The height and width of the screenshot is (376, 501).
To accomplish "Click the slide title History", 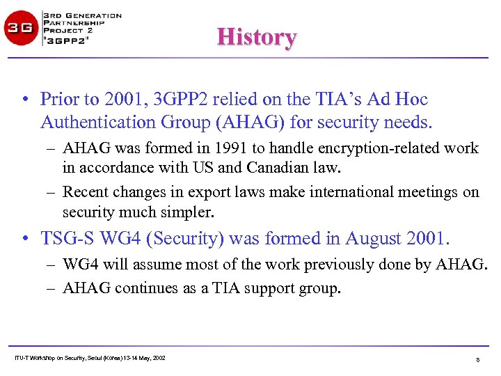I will click(x=257, y=37).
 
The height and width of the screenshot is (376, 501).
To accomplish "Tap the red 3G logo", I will click(x=22, y=29).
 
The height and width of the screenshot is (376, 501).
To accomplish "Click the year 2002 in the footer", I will click(x=158, y=358).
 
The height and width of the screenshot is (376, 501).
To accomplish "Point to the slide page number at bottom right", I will click(x=478, y=360).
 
